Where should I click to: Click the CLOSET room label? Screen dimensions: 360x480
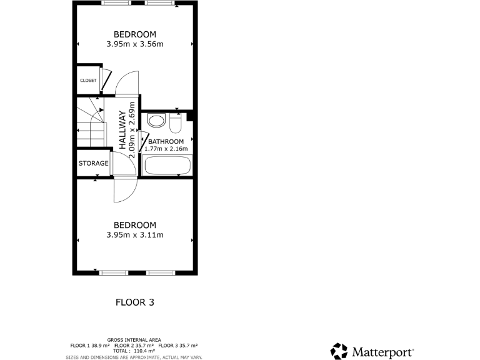click(88, 81)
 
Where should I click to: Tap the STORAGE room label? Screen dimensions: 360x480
click(93, 164)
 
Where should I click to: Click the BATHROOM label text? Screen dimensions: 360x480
click(166, 142)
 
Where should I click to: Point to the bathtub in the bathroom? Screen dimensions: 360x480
click(166, 166)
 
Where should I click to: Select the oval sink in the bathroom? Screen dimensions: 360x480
click(156, 121)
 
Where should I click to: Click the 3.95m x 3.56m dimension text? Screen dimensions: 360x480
click(134, 44)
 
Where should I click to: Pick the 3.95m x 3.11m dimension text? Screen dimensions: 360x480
click(134, 235)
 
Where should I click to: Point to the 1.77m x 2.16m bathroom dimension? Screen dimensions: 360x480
click(166, 149)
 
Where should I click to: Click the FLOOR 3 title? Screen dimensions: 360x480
click(134, 302)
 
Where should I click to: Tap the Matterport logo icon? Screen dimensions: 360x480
click(339, 351)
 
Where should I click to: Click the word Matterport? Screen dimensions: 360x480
click(382, 351)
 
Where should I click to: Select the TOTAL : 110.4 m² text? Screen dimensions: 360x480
click(134, 351)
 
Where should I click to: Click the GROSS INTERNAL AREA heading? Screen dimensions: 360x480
click(134, 340)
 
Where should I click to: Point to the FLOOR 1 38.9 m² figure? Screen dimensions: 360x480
click(90, 346)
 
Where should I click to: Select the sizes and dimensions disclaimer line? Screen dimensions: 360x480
click(134, 357)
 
